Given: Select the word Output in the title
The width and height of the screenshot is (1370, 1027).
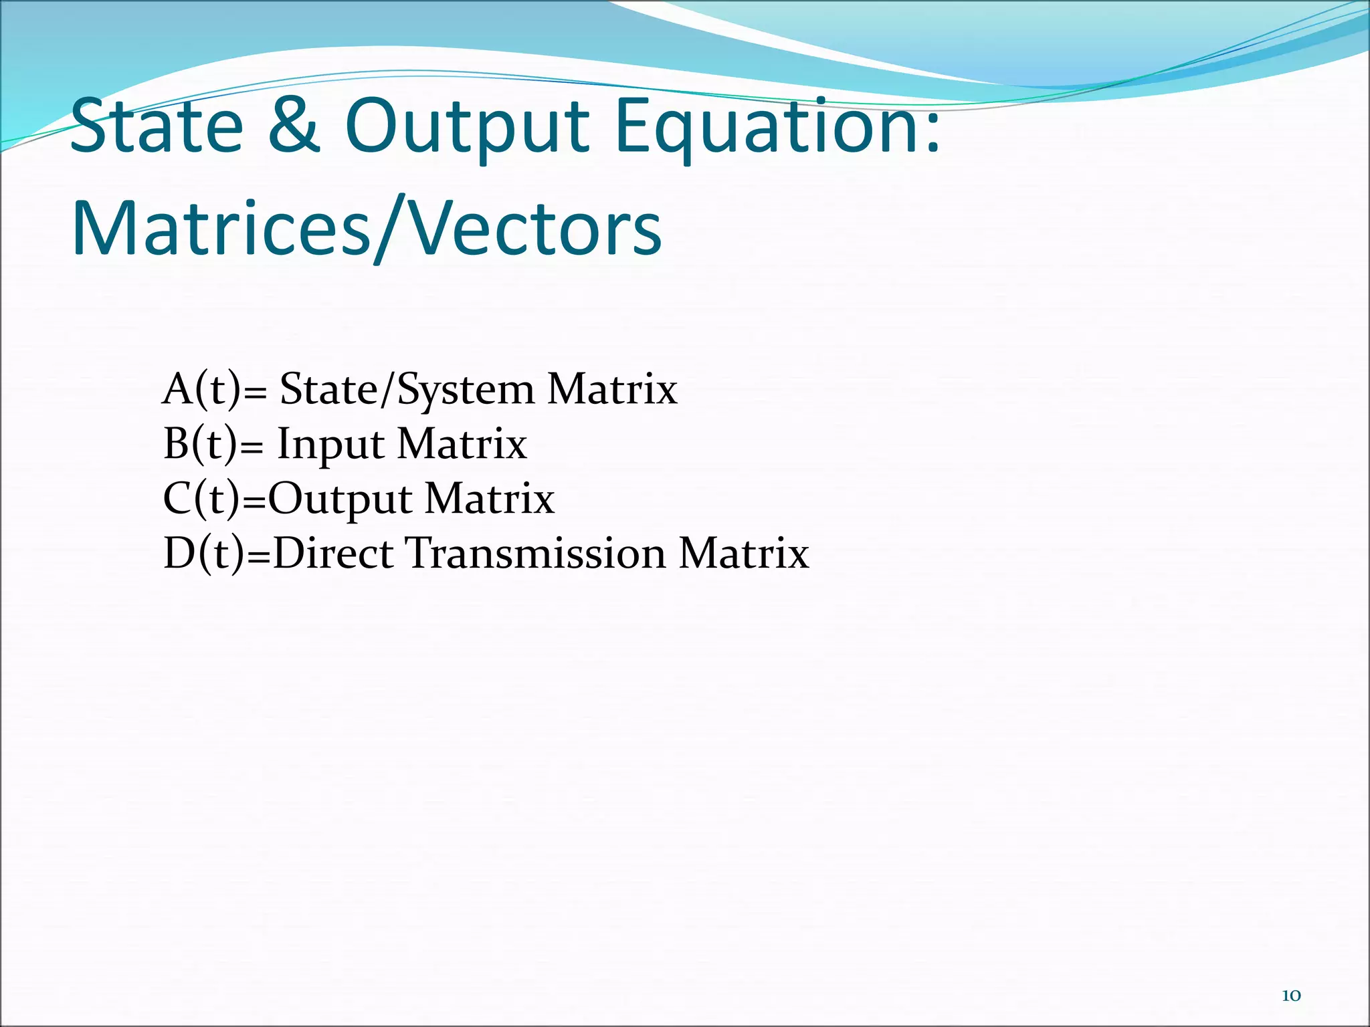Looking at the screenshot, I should (466, 128).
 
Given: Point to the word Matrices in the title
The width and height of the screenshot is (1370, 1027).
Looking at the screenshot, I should (221, 229).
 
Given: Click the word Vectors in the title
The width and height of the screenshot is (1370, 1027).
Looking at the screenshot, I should (535, 229).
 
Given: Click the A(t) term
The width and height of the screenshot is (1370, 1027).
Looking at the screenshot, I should (201, 389).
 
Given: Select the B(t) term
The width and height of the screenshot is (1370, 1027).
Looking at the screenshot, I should (199, 444).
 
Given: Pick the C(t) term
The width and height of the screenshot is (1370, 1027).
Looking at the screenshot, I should (201, 499).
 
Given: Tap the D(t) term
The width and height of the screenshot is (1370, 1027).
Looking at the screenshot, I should (203, 554).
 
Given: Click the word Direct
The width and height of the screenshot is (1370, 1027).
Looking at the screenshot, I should (332, 554).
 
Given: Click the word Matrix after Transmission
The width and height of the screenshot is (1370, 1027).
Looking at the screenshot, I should (744, 554).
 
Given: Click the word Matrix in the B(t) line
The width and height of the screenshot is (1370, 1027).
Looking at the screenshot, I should (462, 444).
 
